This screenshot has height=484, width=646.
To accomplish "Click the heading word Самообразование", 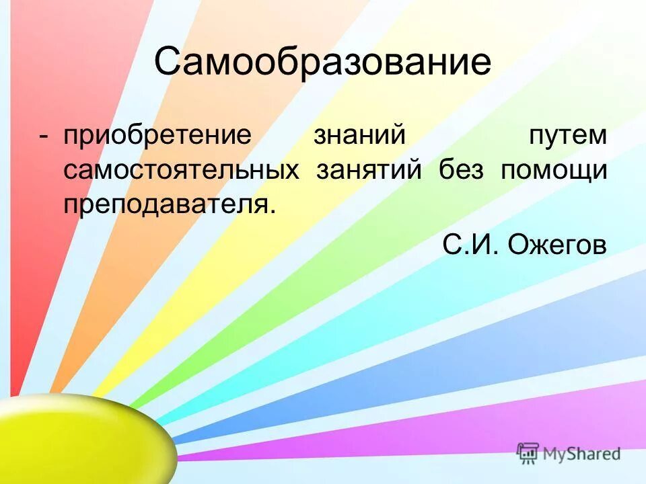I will point(322,63).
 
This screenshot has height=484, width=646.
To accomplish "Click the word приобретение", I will point(157,135).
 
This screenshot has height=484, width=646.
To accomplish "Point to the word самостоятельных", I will point(182,169).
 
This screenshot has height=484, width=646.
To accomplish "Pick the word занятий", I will point(369,169).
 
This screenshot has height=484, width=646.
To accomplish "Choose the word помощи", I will point(554,169).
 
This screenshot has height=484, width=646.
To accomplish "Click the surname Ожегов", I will point(557,244).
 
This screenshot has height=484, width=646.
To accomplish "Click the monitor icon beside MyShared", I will point(528,452).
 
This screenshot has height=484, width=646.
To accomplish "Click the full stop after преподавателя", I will point(273,210).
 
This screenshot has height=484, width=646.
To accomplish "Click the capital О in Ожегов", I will point(519,244).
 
